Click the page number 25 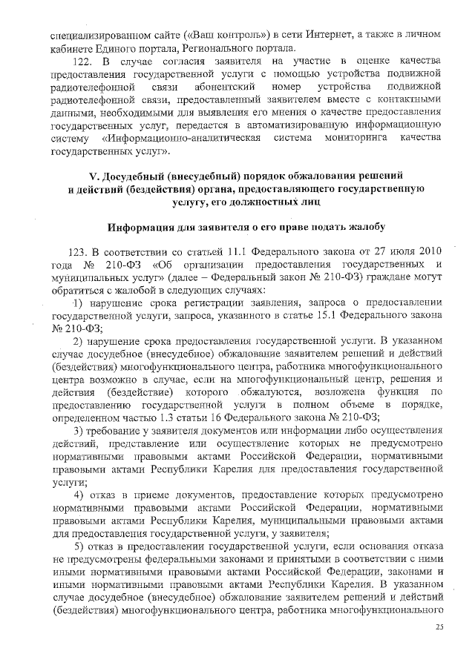439,627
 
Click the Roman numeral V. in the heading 94,176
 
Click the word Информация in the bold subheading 143,226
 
